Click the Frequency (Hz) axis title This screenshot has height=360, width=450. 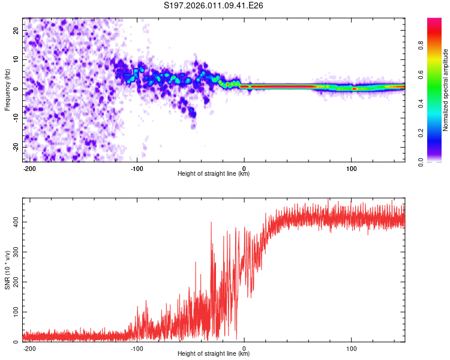7,89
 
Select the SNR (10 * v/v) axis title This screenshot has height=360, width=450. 7,270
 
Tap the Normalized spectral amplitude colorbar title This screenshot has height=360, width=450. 445,90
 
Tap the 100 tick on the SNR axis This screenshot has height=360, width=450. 16,312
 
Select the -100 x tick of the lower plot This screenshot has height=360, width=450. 137,349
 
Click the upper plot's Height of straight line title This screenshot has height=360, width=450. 214,174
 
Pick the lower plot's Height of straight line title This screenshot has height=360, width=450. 214,354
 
